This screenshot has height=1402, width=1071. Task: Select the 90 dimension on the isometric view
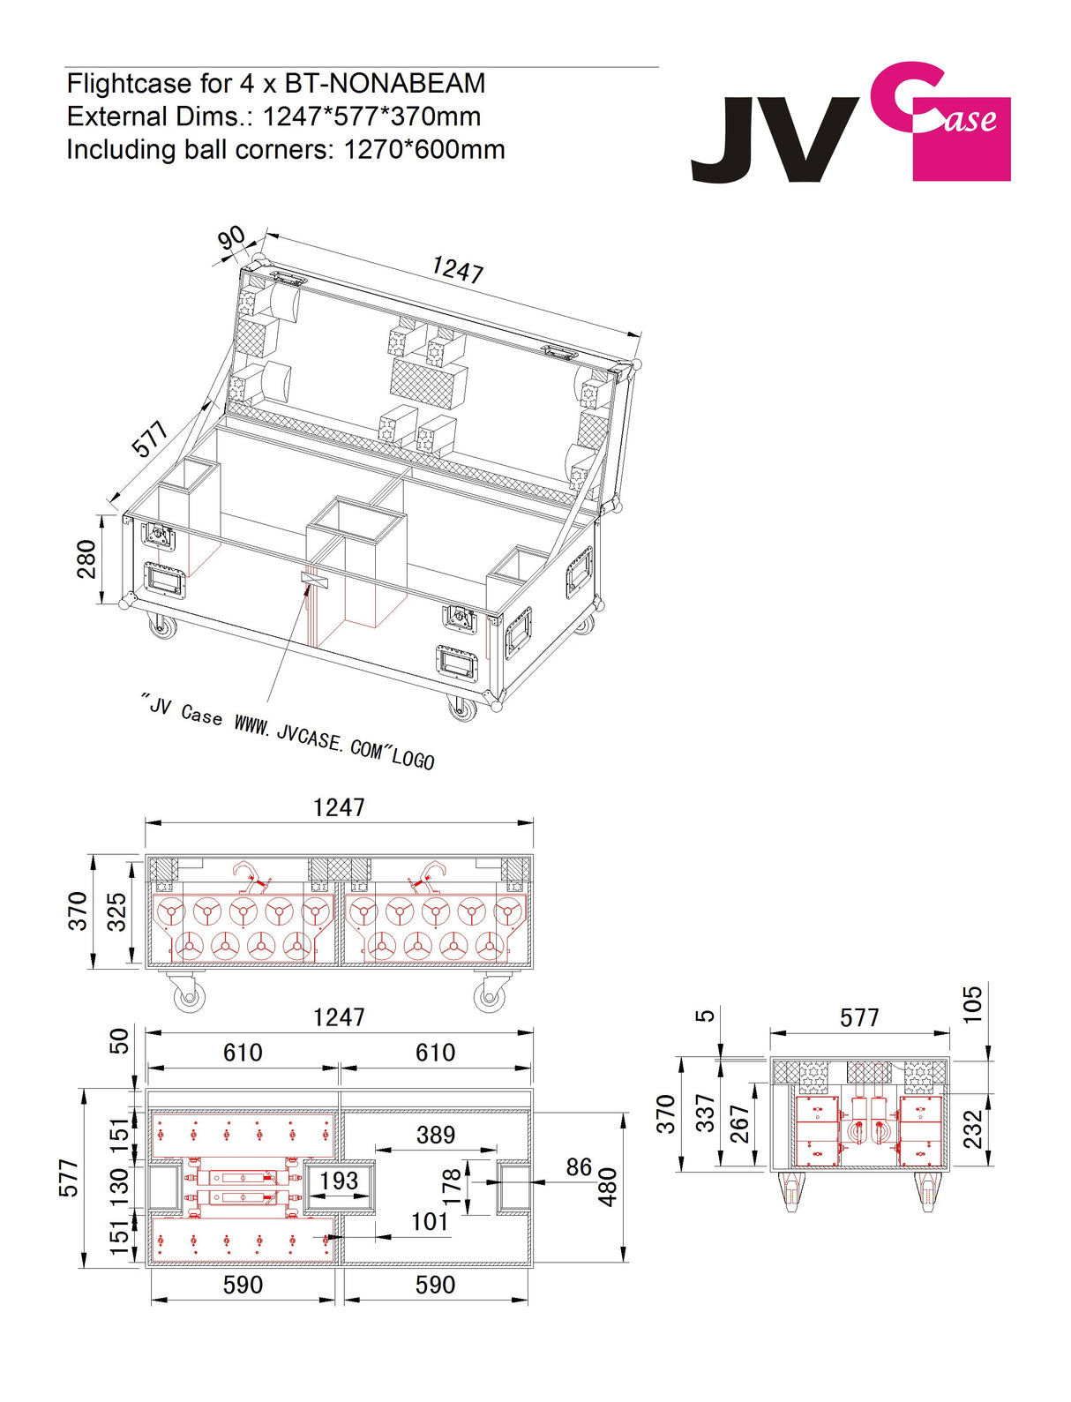[232, 238]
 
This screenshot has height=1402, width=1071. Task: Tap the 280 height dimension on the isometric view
[86, 559]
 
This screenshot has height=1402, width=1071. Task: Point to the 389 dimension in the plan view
[435, 1135]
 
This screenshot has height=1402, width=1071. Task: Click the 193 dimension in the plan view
[339, 1181]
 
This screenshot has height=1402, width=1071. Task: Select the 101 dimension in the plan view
[430, 1222]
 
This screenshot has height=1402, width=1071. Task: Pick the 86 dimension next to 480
[579, 1167]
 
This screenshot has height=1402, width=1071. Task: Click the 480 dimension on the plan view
[609, 1188]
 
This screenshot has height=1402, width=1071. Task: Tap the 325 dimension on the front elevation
[117, 911]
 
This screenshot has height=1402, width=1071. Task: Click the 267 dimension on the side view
[739, 1124]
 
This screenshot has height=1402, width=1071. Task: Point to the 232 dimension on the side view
[971, 1129]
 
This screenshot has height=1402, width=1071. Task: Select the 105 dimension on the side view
[971, 1004]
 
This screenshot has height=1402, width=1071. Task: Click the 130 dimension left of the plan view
[118, 1181]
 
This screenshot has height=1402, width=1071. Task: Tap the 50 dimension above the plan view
[118, 1041]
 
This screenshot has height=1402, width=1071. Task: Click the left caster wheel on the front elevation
[187, 996]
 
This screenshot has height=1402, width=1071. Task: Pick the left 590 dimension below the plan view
[243, 1285]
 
